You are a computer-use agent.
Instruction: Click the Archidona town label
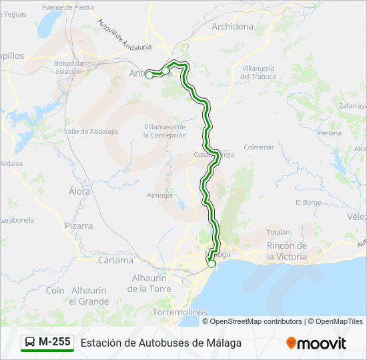pyautogui.click(x=232, y=27)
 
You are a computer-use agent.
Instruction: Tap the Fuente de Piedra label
pyautogui.click(x=67, y=7)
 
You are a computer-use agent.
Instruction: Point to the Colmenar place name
pyautogui.click(x=259, y=147)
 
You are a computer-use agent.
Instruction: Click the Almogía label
pyautogui.click(x=159, y=195)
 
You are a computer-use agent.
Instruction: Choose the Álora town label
pyautogui.click(x=79, y=191)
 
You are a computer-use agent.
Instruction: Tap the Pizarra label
pyautogui.click(x=79, y=226)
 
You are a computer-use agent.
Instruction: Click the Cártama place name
pyautogui.click(x=115, y=260)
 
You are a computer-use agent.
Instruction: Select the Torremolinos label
pyautogui.click(x=179, y=312)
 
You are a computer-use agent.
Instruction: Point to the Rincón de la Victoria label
pyautogui.click(x=287, y=251)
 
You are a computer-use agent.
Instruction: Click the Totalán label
pyautogui.click(x=278, y=232)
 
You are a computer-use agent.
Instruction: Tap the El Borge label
pyautogui.click(x=308, y=202)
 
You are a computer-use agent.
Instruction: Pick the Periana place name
pyautogui.click(x=329, y=133)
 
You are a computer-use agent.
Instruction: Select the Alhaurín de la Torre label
pyautogui.click(x=149, y=283)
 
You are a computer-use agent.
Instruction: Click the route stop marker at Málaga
pyautogui.click(x=212, y=264)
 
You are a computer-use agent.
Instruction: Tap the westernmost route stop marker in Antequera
pyautogui.click(x=149, y=75)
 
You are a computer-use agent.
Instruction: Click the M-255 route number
pyautogui.click(x=54, y=342)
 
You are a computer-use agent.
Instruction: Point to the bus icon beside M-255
pyautogui.click(x=31, y=343)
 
